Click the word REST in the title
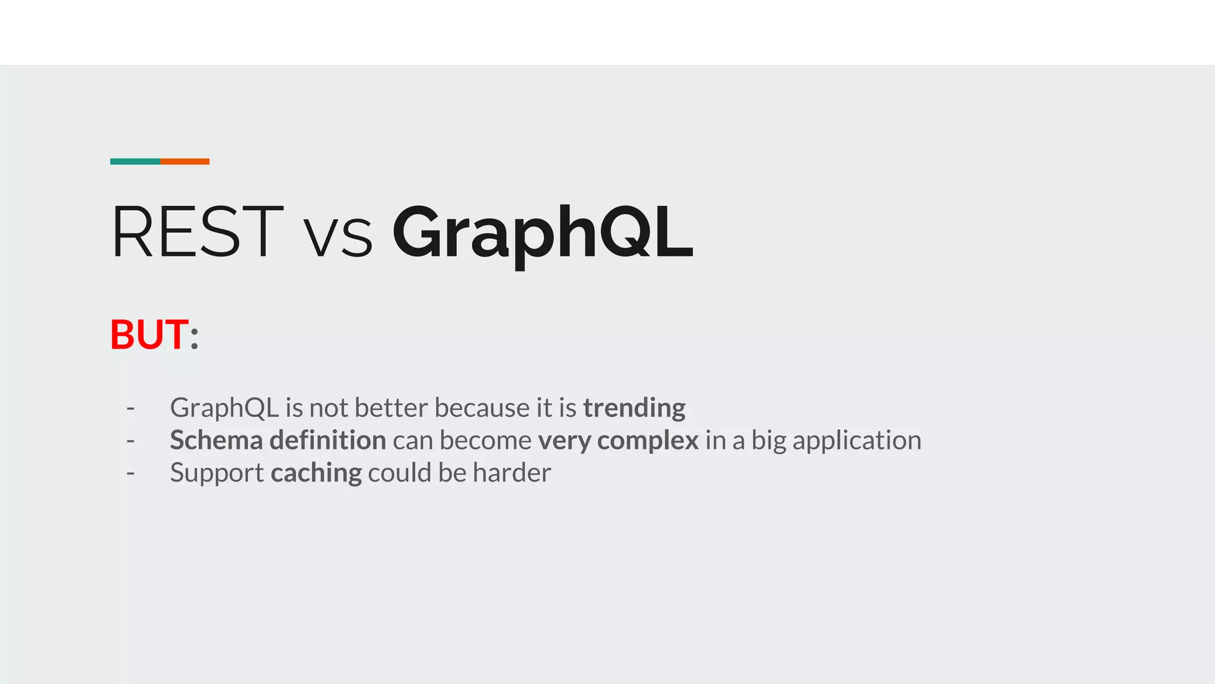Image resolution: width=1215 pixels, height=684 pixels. (197, 232)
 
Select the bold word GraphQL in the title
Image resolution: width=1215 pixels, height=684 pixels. (542, 233)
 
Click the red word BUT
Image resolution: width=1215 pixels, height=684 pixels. (149, 334)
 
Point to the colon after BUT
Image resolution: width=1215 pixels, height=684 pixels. (194, 337)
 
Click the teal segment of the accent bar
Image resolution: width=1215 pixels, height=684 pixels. (135, 161)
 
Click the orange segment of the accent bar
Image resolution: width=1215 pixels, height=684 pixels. (185, 161)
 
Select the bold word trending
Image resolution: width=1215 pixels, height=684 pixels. (634, 408)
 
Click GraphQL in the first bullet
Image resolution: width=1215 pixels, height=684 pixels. (224, 408)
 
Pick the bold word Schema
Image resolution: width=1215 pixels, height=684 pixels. (216, 441)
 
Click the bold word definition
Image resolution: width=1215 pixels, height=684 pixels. (327, 441)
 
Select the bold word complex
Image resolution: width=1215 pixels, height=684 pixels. (647, 441)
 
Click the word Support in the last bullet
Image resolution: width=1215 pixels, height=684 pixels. (217, 473)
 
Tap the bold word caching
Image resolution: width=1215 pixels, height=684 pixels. (316, 473)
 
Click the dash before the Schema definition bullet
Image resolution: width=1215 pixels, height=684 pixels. (131, 441)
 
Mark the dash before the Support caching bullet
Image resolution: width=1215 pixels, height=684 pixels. (131, 473)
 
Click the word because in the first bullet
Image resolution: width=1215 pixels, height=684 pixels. (482, 408)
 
